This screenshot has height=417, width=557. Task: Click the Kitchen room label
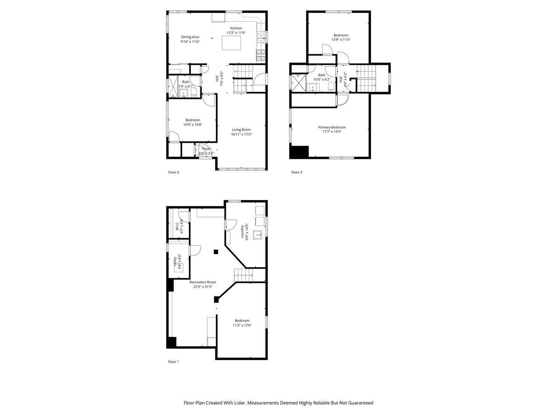pos(236,28)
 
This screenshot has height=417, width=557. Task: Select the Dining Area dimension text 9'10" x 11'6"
pos(190,42)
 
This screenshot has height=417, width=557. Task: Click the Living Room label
pos(241,130)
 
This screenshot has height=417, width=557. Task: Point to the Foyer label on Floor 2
pos(206,149)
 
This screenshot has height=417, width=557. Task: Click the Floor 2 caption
pos(174,172)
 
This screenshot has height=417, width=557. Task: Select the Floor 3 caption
pos(297,172)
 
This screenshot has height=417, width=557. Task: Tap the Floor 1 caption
pos(174,362)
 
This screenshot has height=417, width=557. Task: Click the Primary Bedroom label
pos(332,127)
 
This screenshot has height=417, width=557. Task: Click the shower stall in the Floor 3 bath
pos(298,83)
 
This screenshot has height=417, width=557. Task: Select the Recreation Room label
pos(203,282)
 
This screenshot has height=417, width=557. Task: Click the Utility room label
pos(175,261)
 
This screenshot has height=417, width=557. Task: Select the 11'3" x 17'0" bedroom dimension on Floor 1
pos(242,325)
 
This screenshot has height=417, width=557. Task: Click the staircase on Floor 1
pos(243,275)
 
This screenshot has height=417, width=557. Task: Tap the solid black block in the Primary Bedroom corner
pos(299,152)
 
